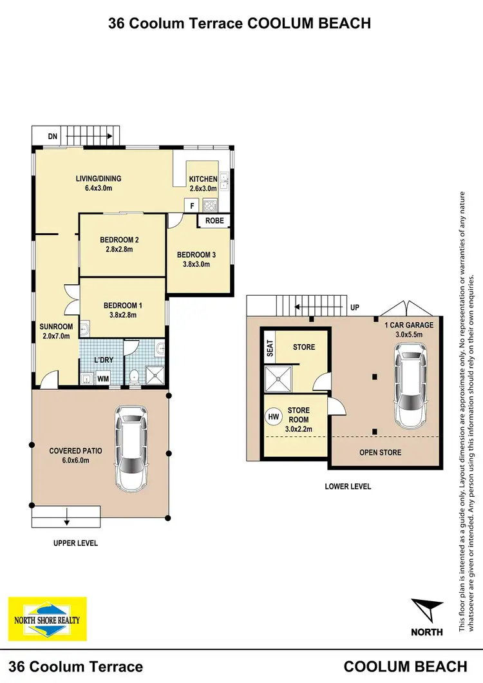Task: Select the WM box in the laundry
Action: pyautogui.click(x=102, y=380)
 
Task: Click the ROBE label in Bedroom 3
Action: pyautogui.click(x=214, y=220)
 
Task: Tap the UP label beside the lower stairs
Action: pyautogui.click(x=354, y=308)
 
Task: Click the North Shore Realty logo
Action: pyautogui.click(x=47, y=619)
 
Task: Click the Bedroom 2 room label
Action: pyautogui.click(x=119, y=240)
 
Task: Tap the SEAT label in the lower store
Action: pyautogui.click(x=270, y=349)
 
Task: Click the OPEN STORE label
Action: pyautogui.click(x=380, y=452)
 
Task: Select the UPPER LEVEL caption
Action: pyautogui.click(x=75, y=543)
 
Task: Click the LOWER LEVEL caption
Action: pyautogui.click(x=348, y=486)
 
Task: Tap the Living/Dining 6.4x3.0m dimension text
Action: pyautogui.click(x=99, y=189)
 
